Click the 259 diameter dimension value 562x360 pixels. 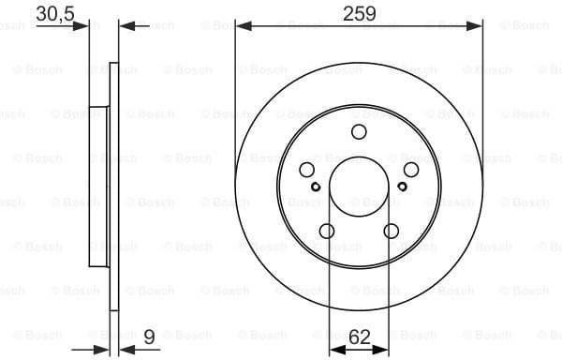click(359, 13)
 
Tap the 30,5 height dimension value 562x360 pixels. click(55, 13)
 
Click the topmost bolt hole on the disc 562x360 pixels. click(359, 133)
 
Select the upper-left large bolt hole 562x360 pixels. click(307, 170)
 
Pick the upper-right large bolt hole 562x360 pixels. click(410, 170)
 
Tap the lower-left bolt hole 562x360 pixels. click(327, 232)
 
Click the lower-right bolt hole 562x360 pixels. click(391, 232)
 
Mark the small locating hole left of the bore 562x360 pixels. click(317, 186)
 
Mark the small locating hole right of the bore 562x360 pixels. click(401, 186)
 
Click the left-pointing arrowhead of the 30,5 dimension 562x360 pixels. click(126, 26)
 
